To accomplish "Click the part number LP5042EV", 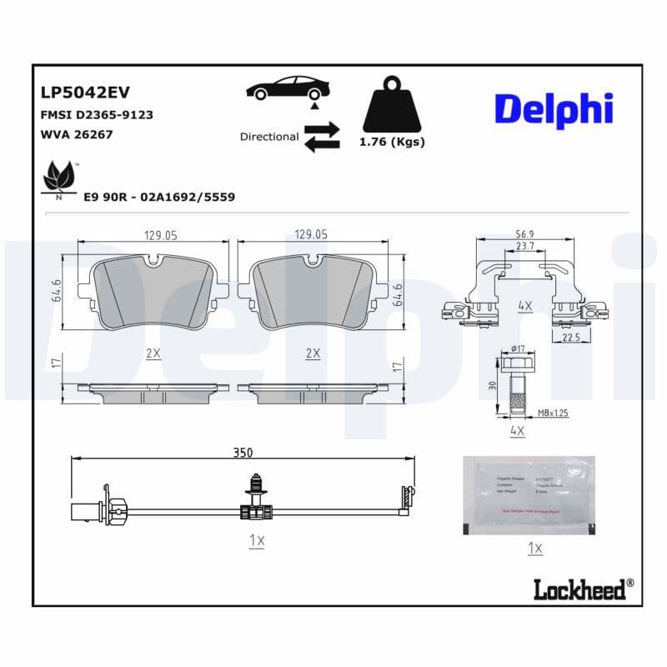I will tap(85, 92).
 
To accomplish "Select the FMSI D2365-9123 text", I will tap(96, 114).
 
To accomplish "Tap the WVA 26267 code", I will tap(77, 134).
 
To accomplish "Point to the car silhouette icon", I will tap(288, 88).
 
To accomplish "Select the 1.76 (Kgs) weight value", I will tap(391, 142).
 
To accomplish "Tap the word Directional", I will tap(268, 137).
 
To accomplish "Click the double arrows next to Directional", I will tap(322, 137).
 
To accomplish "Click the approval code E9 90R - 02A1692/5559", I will tap(159, 197).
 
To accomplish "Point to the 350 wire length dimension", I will tap(243, 453).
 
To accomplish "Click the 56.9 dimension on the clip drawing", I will tap(524, 235).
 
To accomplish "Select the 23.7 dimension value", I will tap(524, 247).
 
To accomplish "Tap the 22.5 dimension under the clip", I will tap(571, 337).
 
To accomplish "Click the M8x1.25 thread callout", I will tap(553, 413).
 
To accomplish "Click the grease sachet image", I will tap(529, 495).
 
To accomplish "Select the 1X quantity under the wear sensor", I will tap(257, 541).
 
